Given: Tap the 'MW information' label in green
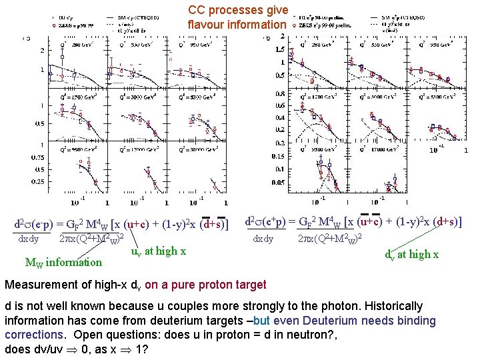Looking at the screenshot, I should pyautogui.click(x=63, y=262).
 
